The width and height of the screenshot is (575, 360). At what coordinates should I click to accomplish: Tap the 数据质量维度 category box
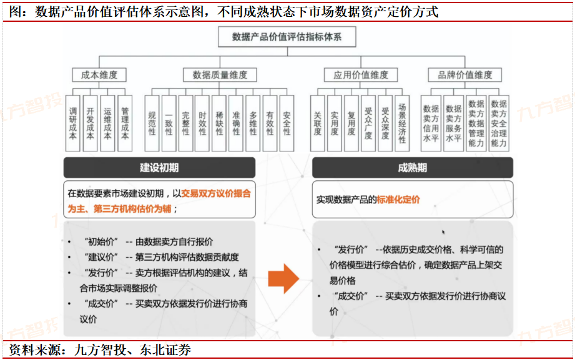pyautogui.click(x=220, y=75)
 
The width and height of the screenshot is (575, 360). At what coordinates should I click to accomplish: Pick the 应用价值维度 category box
pyautogui.click(x=360, y=75)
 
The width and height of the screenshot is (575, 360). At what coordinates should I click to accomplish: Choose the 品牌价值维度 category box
pyautogui.click(x=465, y=75)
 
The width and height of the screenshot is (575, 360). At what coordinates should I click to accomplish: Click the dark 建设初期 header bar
pyautogui.click(x=159, y=167)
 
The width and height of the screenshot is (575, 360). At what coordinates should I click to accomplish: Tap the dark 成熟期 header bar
pyautogui.click(x=412, y=167)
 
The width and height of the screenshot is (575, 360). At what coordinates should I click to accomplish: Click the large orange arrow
pyautogui.click(x=283, y=278)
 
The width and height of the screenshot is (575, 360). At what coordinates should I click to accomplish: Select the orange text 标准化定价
pyautogui.click(x=398, y=200)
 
